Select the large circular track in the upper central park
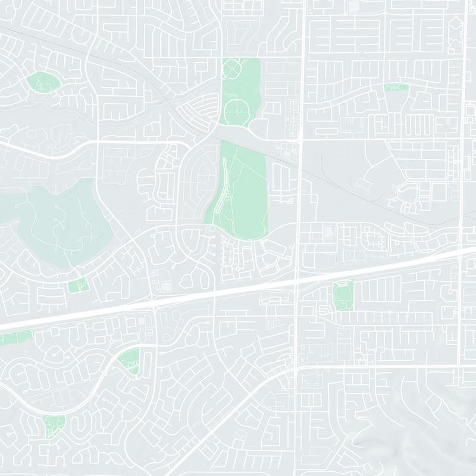pos(237,111)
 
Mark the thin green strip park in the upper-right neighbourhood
pos(397,87)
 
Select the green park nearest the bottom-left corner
pos(54,425)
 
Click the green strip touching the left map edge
pos(15,339)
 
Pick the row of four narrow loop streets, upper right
pos(416,121)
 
